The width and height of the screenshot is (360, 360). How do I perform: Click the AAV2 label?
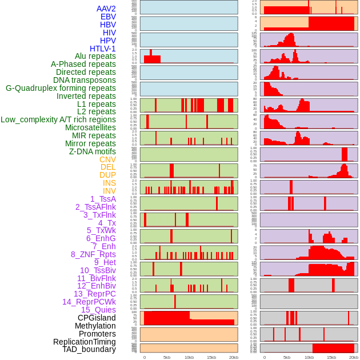106,9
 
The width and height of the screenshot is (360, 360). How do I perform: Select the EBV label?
107,17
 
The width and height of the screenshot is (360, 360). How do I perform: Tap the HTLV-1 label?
102,49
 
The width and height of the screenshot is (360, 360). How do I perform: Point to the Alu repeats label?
95,56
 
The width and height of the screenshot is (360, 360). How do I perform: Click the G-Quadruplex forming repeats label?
61,88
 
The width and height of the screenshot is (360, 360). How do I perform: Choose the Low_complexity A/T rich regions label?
58,119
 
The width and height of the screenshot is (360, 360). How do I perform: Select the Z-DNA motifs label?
92,151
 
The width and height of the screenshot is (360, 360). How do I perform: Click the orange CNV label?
107,159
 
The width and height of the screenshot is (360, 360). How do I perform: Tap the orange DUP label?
107,175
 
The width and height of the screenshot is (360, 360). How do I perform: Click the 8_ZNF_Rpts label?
93,254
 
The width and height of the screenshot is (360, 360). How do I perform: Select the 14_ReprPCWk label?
89,302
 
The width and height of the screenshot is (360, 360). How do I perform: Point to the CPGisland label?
97,318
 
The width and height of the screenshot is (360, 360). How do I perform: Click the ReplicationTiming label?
84,342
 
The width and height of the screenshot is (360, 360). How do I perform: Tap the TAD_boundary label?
89,349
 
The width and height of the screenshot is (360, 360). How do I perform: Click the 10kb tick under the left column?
189,357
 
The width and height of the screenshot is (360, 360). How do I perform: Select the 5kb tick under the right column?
286,357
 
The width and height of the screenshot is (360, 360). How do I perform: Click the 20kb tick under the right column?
354,357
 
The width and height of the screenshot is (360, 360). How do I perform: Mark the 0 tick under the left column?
144,357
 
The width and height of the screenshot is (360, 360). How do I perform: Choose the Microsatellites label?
90,127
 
